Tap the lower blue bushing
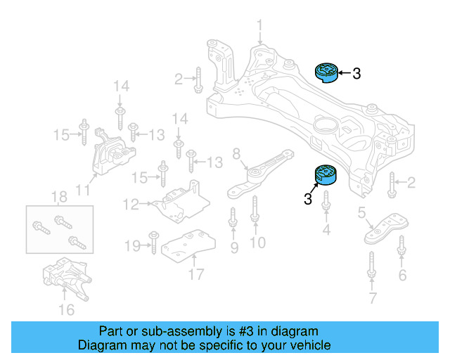point(326,174)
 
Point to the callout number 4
point(326,229)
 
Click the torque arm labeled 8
point(257,176)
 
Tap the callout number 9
point(233,247)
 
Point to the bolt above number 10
point(255,212)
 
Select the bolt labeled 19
point(152,243)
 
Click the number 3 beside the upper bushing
point(356,72)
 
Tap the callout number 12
point(130,205)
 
